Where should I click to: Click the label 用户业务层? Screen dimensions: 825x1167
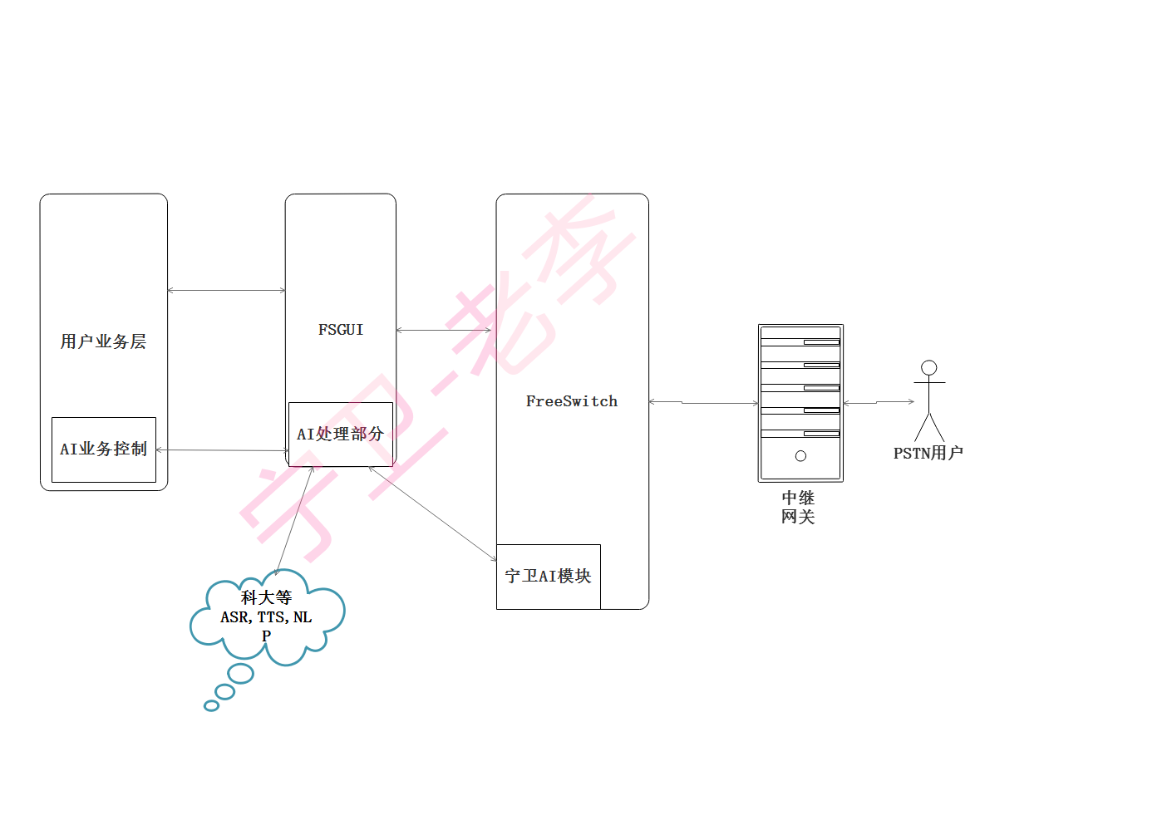tap(103, 341)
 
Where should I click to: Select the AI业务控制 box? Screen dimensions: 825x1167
tap(103, 449)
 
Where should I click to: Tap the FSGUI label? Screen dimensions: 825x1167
tap(341, 330)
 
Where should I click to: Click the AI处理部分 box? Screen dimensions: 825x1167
tap(340, 434)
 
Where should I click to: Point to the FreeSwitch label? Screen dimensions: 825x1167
tap(572, 401)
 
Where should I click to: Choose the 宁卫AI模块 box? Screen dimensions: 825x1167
tap(548, 576)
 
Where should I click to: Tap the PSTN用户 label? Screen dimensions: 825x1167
tap(928, 453)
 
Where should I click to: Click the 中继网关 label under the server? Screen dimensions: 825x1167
tap(798, 507)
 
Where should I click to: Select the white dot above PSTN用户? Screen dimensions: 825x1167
tap(929, 367)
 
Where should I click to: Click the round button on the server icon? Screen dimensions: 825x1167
tap(800, 456)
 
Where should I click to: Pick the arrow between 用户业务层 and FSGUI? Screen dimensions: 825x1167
tap(226, 290)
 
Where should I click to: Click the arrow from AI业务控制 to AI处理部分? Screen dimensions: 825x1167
tap(222, 450)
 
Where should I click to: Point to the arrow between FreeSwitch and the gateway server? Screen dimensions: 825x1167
tap(703, 403)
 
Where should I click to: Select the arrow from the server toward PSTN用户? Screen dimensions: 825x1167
tap(879, 402)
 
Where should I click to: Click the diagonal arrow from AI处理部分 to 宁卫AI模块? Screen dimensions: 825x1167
tap(432, 513)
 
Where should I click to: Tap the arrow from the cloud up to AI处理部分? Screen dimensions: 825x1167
tap(294, 519)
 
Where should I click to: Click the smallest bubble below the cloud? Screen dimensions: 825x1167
tap(211, 705)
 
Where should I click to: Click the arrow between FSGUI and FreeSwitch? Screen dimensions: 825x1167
tap(446, 330)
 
